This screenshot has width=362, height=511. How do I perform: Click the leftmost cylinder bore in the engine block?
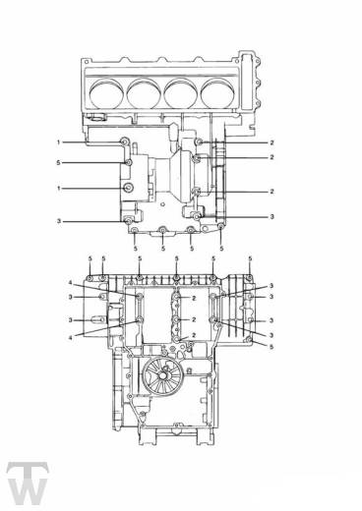click(x=107, y=93)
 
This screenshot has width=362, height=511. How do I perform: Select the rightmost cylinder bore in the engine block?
click(x=218, y=93)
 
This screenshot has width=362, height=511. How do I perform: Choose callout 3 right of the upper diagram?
click(x=272, y=216)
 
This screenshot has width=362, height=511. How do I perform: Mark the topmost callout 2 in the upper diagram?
click(x=272, y=142)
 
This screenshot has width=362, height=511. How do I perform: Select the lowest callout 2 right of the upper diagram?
click(x=272, y=192)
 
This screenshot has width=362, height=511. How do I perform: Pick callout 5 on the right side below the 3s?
click(x=272, y=347)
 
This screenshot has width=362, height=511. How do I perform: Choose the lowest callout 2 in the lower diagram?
click(x=194, y=335)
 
